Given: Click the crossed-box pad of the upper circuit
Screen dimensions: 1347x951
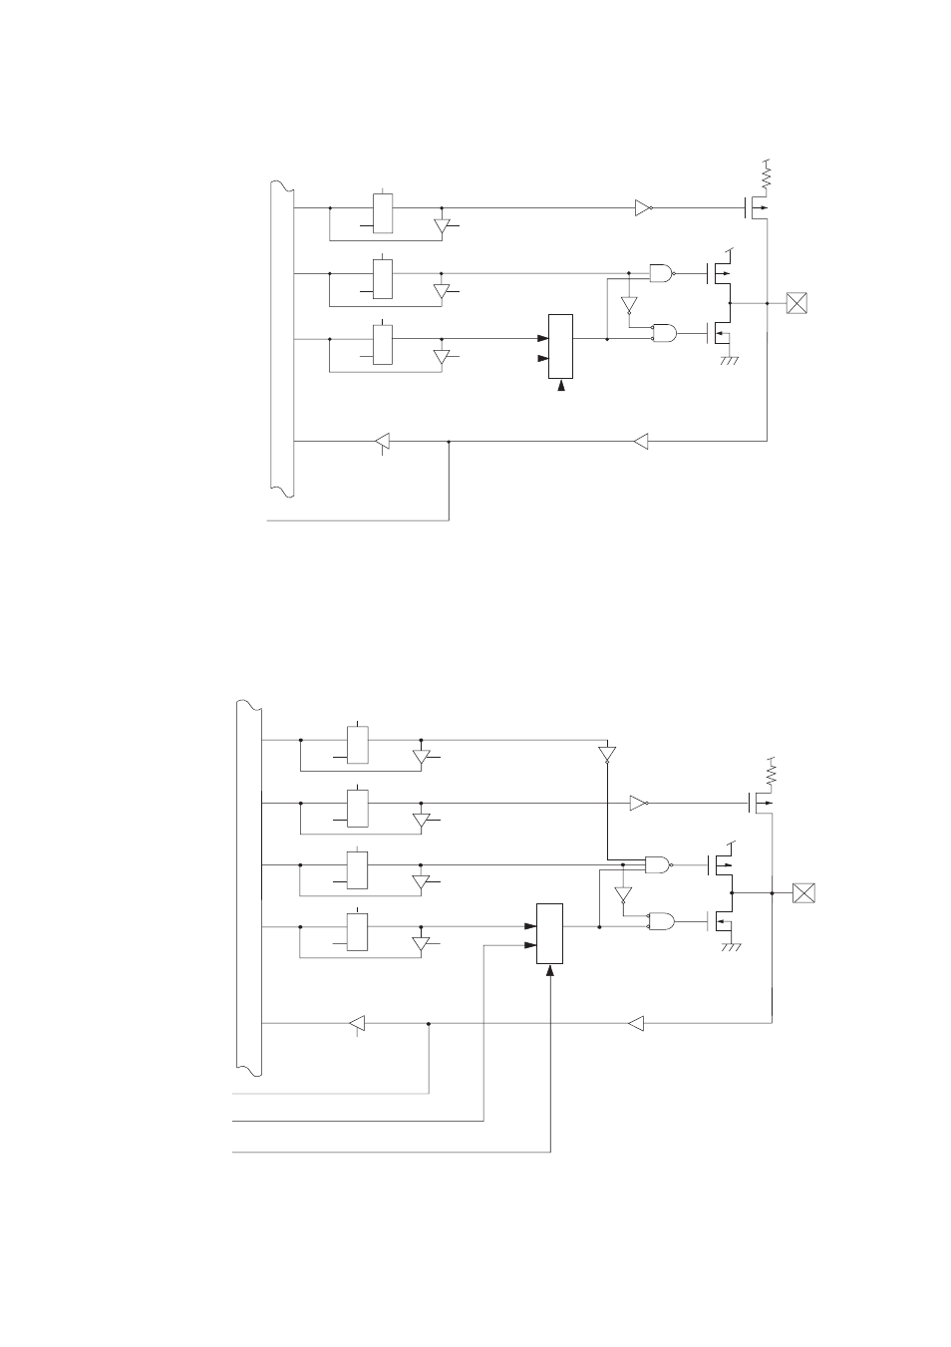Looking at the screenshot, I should pyautogui.click(x=795, y=303).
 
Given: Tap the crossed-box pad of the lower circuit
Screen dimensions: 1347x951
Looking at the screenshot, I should pyautogui.click(x=802, y=893).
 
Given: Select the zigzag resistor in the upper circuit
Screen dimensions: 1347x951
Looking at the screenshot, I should pyautogui.click(x=767, y=177).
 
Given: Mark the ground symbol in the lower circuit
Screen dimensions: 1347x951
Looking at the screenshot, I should pyautogui.click(x=731, y=948).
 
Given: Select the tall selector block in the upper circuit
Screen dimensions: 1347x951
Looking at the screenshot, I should pyautogui.click(x=560, y=346).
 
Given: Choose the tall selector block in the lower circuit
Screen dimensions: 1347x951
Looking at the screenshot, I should pyautogui.click(x=549, y=934).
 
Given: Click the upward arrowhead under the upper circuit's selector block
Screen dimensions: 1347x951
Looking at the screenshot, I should pyautogui.click(x=561, y=387).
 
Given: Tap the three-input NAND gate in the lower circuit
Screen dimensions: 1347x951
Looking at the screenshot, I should pyautogui.click(x=658, y=864).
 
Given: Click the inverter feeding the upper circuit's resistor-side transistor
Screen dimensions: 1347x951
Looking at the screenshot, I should pyautogui.click(x=643, y=208).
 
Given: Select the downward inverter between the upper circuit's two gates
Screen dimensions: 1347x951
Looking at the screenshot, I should pyautogui.click(x=628, y=304).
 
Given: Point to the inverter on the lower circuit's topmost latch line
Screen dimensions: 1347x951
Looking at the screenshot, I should pyautogui.click(x=607, y=754).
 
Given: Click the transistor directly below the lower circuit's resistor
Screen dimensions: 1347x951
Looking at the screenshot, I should pyautogui.click(x=759, y=801).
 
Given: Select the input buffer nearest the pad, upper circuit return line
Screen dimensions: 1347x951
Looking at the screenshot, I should pyautogui.click(x=641, y=441).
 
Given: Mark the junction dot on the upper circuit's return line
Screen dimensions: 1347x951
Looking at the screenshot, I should pyautogui.click(x=450, y=441).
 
